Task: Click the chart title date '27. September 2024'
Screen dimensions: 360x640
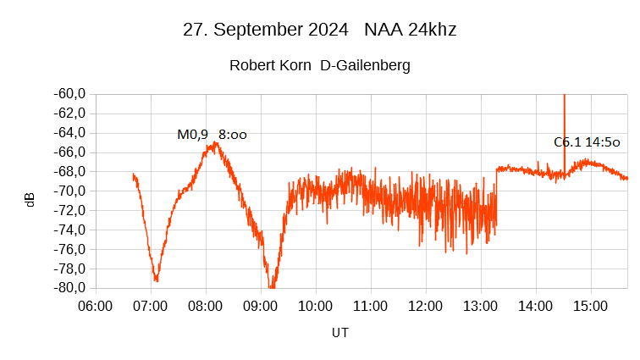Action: [265, 30]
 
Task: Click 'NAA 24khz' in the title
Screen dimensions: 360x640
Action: [411, 30]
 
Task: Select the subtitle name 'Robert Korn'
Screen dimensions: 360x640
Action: [271, 65]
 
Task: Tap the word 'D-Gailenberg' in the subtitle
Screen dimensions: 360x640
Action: [365, 65]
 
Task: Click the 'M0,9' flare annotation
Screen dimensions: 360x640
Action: [192, 134]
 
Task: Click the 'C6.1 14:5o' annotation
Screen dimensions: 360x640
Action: [587, 142]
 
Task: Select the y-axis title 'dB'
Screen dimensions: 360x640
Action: [30, 200]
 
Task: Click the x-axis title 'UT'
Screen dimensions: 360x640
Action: [339, 333]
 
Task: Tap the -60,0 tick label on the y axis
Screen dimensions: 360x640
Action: [70, 93]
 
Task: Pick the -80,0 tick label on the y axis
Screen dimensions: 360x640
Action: [70, 288]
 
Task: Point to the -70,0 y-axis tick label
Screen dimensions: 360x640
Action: [70, 191]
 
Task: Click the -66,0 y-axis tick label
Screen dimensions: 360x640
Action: [70, 152]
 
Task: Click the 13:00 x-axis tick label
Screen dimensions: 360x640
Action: [480, 306]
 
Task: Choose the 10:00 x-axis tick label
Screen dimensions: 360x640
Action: [315, 306]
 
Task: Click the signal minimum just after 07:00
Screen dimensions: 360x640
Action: [156, 279]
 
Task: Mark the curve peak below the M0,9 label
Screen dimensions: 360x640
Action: [216, 144]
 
